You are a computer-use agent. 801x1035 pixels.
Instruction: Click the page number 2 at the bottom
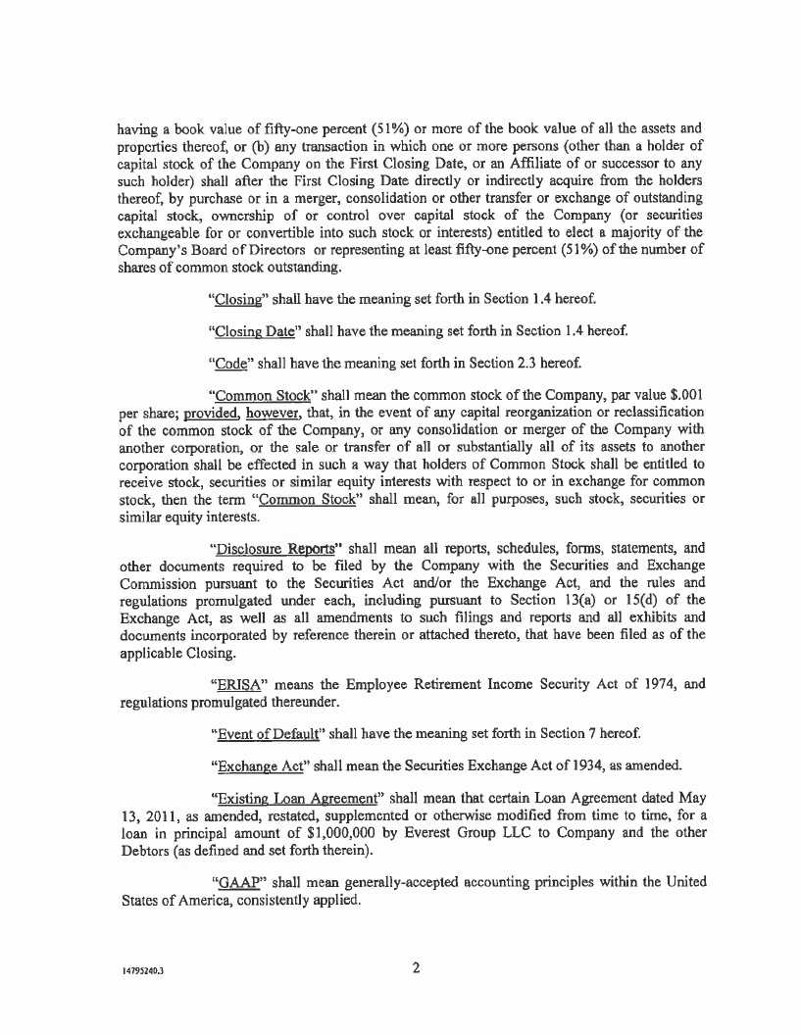(416, 969)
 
